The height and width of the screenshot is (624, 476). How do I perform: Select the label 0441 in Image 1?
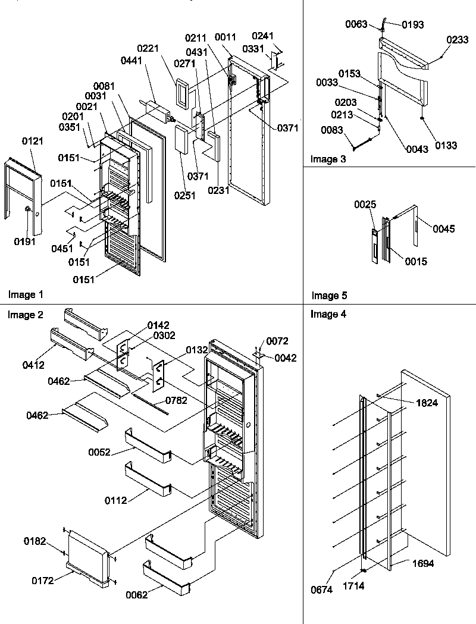(x=130, y=60)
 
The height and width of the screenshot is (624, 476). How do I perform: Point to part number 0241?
(x=263, y=35)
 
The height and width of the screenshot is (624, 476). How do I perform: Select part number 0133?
(x=445, y=145)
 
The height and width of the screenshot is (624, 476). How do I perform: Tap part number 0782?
(x=177, y=400)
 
